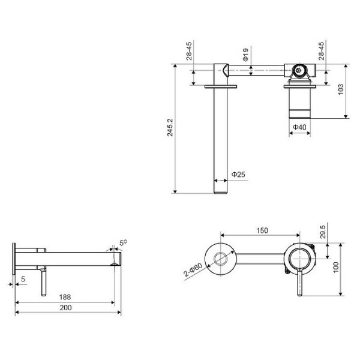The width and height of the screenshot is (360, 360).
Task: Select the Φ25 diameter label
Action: [x=238, y=175]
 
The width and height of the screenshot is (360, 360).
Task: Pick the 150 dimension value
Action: [x=262, y=230]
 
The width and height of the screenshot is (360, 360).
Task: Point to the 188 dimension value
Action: [x=64, y=296]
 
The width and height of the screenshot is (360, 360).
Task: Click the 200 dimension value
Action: [x=66, y=307]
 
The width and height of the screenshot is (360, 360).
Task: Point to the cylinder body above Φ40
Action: [x=299, y=102]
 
